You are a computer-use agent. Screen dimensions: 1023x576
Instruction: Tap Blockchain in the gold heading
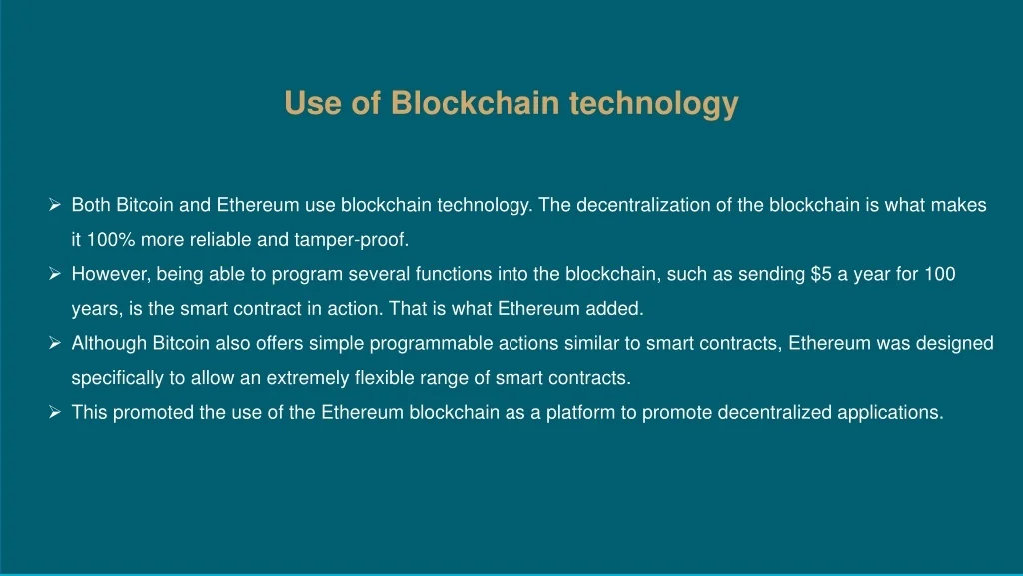click(475, 103)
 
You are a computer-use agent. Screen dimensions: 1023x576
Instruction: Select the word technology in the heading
click(653, 104)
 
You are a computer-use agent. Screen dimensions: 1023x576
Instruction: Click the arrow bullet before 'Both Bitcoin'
click(55, 205)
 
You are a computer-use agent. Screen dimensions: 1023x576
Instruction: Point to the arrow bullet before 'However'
click(55, 274)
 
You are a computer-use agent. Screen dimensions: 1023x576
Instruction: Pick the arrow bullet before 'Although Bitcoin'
click(55, 343)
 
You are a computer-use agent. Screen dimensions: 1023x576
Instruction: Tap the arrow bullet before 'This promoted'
click(55, 412)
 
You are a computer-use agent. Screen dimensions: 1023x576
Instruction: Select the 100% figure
click(111, 240)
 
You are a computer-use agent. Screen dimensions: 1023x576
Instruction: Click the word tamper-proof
click(351, 240)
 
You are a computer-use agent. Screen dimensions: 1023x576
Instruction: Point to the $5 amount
click(821, 274)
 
